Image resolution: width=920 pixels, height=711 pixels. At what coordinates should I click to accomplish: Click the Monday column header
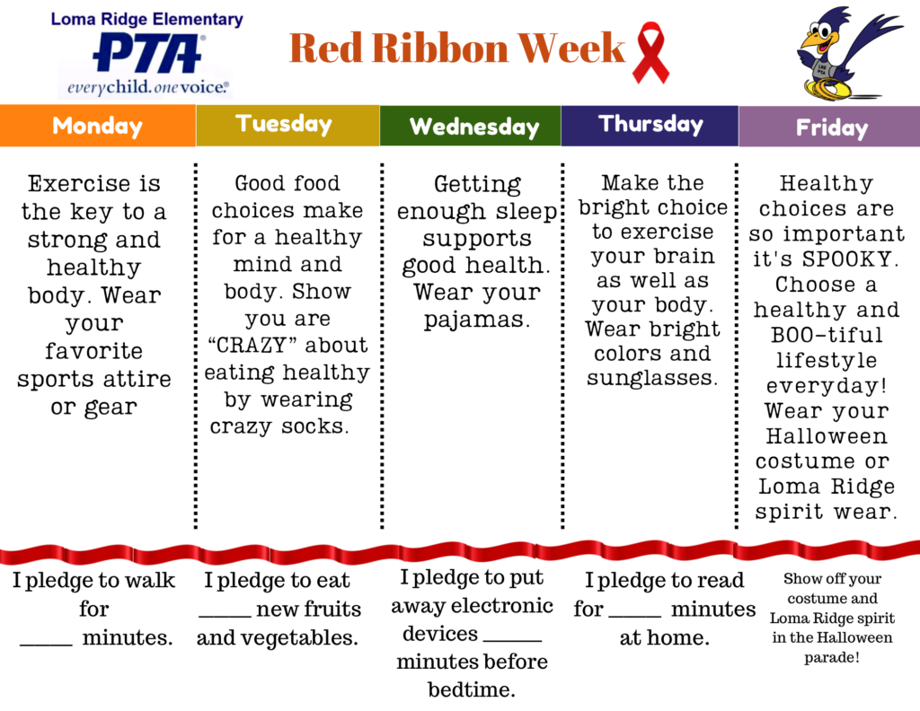97,126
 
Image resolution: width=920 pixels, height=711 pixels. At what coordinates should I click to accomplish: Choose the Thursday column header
650,125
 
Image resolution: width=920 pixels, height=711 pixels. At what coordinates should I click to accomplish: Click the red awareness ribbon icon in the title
650,53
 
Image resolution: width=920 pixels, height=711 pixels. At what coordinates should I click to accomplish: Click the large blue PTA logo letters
148,53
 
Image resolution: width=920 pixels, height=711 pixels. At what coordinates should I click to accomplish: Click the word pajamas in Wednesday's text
476,320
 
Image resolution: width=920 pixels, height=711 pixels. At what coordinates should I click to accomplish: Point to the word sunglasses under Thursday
652,378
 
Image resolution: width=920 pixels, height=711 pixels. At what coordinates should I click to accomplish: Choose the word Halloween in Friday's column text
827,436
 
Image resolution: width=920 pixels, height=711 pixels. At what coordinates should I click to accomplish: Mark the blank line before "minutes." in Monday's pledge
47,645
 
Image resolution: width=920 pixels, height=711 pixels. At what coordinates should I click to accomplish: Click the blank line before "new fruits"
225,616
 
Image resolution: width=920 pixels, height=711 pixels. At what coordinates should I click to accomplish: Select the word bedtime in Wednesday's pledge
467,689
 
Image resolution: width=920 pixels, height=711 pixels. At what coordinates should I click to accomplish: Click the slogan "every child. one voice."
148,88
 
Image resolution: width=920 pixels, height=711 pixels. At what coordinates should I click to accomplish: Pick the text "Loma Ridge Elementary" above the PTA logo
146,20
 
